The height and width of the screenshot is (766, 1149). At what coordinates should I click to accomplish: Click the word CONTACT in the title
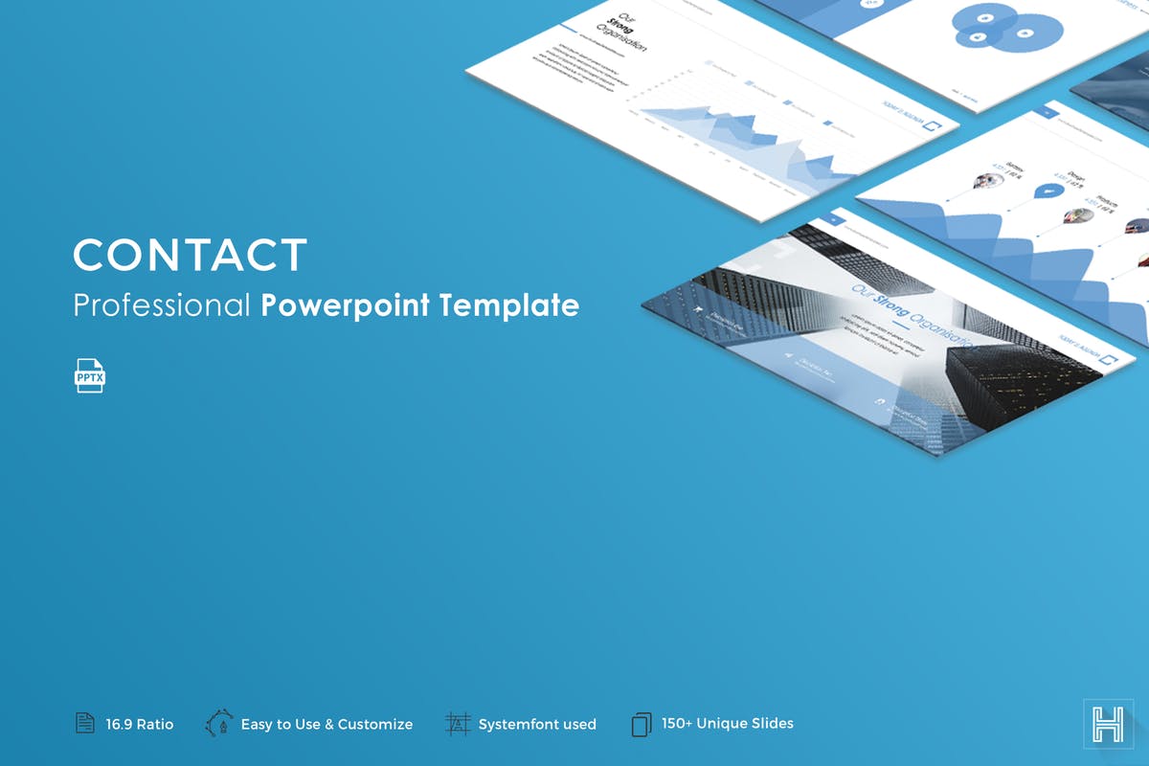pos(190,256)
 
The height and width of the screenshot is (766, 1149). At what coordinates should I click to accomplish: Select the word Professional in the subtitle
pos(162,305)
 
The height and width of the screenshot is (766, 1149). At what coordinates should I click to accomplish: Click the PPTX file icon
pos(90,376)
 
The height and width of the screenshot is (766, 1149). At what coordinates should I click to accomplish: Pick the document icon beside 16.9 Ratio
pos(85,724)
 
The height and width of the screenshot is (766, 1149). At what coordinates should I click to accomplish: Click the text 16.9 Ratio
pos(140,725)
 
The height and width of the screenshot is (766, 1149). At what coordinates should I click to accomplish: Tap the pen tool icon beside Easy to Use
pos(219,724)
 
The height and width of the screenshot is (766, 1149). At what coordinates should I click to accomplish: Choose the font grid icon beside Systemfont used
pos(459,724)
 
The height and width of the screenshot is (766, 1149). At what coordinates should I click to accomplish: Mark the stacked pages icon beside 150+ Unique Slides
pos(641,724)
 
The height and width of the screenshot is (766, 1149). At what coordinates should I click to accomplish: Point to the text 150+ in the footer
pos(678,724)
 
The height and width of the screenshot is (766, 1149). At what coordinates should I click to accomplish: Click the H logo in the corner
pos(1102,721)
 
